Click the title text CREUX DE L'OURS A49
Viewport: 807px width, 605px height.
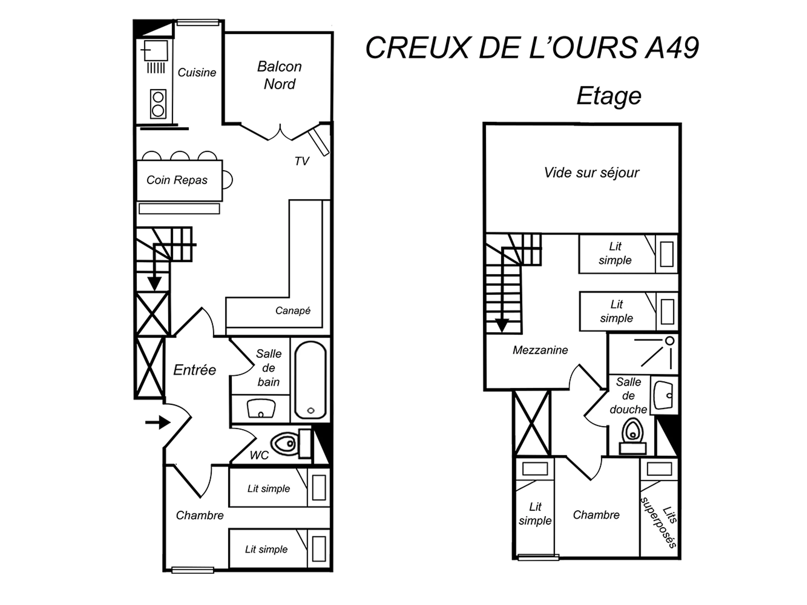click(x=532, y=47)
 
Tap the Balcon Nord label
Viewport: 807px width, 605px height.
click(x=279, y=75)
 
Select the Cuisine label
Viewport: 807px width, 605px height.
click(x=197, y=73)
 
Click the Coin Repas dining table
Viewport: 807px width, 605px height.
click(x=179, y=180)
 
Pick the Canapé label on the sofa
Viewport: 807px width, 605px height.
click(x=293, y=310)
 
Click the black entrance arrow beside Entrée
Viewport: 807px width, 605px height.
click(x=158, y=423)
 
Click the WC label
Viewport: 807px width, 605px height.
click(x=259, y=455)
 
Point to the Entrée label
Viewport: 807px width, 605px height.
click(x=194, y=370)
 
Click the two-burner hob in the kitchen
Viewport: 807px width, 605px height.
click(x=158, y=104)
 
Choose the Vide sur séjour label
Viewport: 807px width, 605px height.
click(x=591, y=173)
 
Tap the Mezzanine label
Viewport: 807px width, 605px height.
click(x=540, y=350)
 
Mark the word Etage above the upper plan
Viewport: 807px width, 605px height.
click(x=609, y=96)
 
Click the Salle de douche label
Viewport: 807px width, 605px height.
click(x=628, y=396)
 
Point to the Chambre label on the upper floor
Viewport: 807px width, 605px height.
click(x=596, y=515)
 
